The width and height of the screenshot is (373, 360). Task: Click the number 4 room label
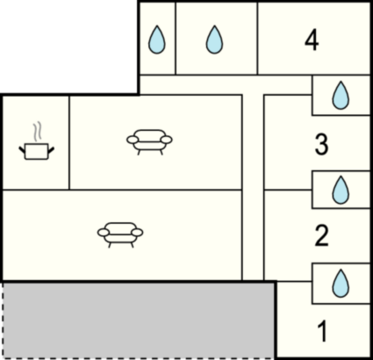pos(312,40)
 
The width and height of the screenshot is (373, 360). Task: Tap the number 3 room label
pos(321,144)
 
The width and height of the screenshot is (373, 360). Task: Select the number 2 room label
pos(321,235)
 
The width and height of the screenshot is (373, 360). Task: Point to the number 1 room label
pos(322,331)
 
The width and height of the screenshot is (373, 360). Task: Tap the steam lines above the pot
pos(37,132)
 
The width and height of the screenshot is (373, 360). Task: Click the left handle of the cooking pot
pos(22,150)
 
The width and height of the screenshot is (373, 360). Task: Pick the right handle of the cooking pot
pos(51,150)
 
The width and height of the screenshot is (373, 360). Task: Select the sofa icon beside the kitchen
pos(149,142)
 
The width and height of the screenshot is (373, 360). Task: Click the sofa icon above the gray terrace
pos(120,235)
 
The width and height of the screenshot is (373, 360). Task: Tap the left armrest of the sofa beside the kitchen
pos(132,140)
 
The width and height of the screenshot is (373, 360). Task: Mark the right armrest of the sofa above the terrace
pos(137,233)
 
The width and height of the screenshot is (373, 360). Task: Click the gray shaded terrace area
pos(138,320)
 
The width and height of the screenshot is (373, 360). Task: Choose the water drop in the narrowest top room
pos(157,40)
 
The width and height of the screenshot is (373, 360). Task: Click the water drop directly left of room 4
pos(214,40)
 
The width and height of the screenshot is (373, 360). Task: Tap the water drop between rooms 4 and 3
pos(341,96)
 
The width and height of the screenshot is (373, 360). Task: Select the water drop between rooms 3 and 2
pos(341,190)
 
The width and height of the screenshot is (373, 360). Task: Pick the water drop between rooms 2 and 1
pos(341,284)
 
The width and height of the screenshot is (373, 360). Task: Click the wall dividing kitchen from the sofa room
pos(69,142)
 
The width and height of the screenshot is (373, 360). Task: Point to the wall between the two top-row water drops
pos(176,39)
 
